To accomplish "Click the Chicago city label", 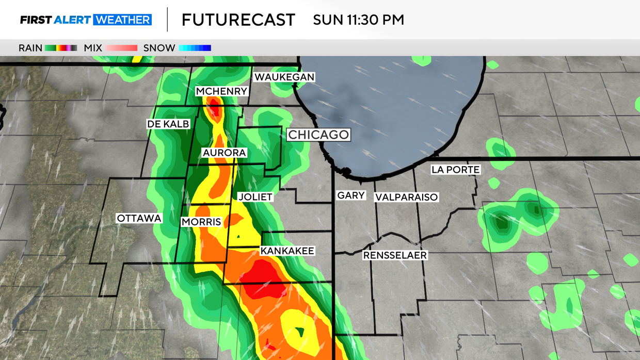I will [x=318, y=135].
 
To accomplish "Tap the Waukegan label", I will [x=284, y=77].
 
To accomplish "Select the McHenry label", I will [x=222, y=91].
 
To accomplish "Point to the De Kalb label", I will [x=168, y=124].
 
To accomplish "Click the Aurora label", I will [x=224, y=153].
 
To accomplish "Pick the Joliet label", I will [x=254, y=197].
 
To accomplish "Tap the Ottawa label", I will [x=139, y=218].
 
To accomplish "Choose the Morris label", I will [x=201, y=222].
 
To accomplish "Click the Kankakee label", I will [x=287, y=251].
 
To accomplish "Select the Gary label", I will [x=351, y=195].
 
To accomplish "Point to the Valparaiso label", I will [x=407, y=197].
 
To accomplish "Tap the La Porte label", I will [x=456, y=169].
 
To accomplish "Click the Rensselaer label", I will [x=395, y=255].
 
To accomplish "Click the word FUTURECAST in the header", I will [x=238, y=20].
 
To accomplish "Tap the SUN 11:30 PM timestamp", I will [x=359, y=20].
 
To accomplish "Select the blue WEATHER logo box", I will [x=122, y=20].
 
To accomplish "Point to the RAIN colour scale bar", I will [x=61, y=48].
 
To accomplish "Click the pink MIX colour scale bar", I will [x=121, y=48].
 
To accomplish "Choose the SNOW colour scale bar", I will [x=195, y=48].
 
